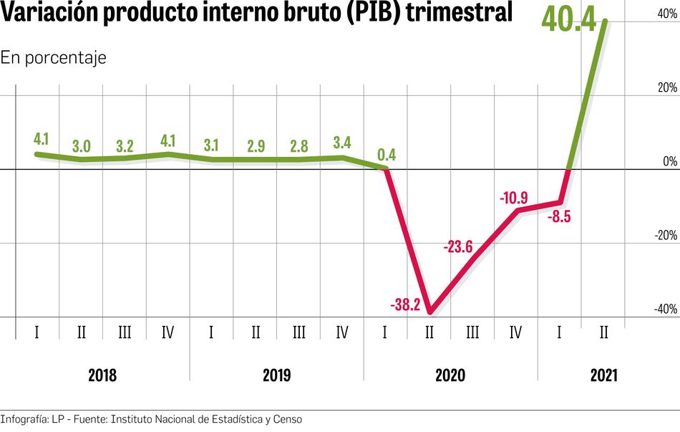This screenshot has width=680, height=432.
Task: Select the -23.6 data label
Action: coord(459,247)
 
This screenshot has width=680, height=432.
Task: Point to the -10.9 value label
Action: coord(514,196)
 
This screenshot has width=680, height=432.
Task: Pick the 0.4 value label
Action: coord(386,154)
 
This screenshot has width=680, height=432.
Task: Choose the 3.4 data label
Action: coord(342,141)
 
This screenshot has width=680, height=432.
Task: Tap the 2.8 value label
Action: coord(298,146)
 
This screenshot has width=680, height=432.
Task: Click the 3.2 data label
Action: coord(125,146)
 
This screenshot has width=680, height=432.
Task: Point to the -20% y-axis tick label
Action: coord(666,236)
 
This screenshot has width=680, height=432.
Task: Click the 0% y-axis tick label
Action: coord(670,162)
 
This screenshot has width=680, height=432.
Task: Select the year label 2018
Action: coord(102,375)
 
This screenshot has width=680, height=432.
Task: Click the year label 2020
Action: coord(451,375)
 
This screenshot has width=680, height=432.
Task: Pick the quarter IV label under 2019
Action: coord(342,332)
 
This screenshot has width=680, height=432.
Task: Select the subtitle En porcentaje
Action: coord(53,57)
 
